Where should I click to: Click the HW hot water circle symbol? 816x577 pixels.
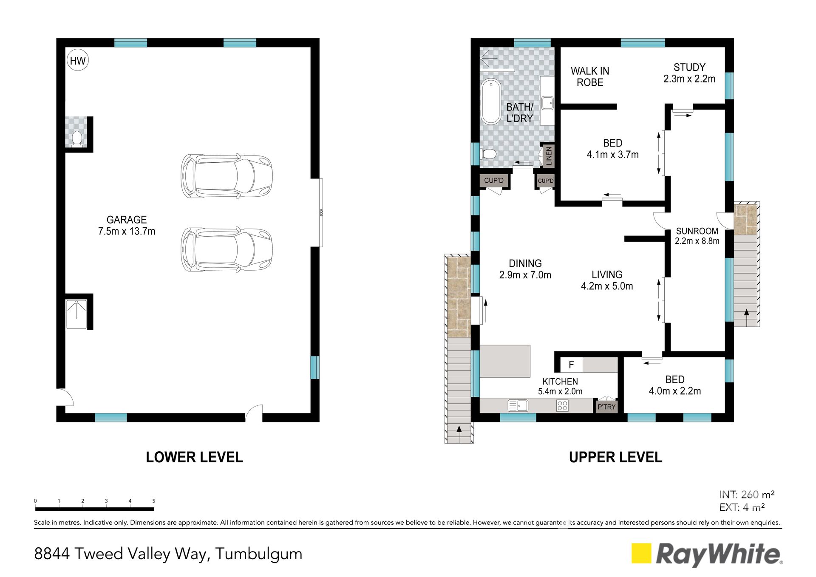tap(78, 61)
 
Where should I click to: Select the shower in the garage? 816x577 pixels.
tap(76, 314)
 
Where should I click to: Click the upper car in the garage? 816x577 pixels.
tap(227, 176)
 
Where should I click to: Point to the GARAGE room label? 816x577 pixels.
tap(127, 220)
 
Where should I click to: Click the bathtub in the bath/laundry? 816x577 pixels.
tap(491, 102)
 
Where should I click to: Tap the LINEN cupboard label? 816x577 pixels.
tap(549, 156)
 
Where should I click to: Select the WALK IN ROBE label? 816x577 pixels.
tap(590, 76)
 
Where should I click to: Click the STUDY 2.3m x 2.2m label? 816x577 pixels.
tap(689, 73)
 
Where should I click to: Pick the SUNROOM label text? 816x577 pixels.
tap(697, 231)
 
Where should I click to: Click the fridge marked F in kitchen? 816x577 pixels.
tap(572, 365)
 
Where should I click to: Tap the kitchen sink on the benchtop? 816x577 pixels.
tap(518, 406)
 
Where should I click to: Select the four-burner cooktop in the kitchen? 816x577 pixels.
tap(562, 406)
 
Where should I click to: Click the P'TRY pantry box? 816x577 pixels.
tap(606, 407)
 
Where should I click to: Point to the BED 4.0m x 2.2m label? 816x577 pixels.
tap(675, 385)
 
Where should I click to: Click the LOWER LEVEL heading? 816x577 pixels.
tap(194, 457)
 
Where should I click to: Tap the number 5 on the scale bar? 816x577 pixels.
tap(154, 501)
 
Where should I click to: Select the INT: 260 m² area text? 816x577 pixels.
tap(747, 495)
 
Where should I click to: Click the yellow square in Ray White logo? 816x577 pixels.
tap(641, 553)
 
